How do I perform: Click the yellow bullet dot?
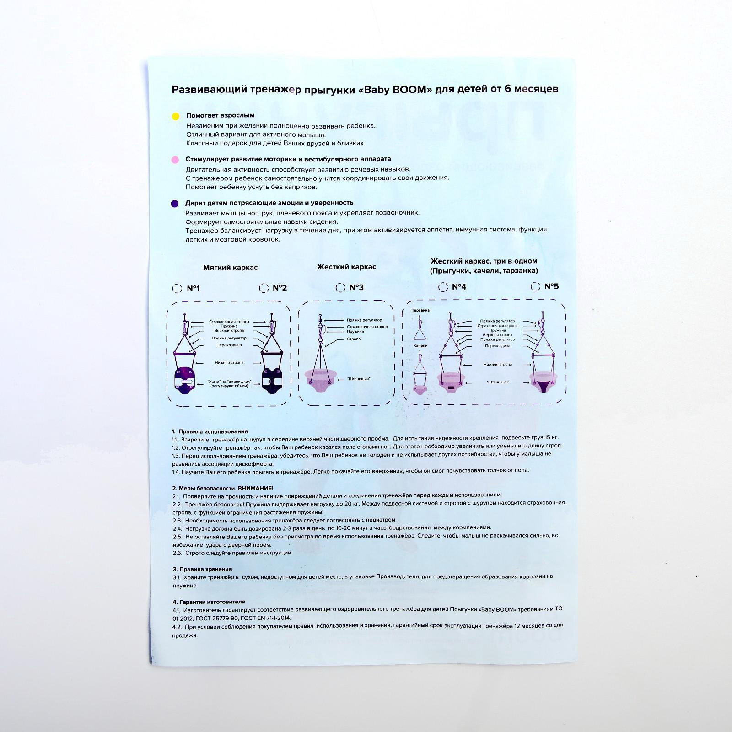tap(175, 116)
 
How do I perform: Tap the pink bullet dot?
tap(174, 160)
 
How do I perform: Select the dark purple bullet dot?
tap(174, 204)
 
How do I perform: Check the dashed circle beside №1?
tap(177, 288)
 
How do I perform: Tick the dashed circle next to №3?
tap(340, 287)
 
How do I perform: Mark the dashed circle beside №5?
tap(535, 286)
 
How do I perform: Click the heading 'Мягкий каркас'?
tap(230, 268)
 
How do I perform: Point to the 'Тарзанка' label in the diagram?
tap(420, 310)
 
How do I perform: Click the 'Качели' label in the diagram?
tap(420, 345)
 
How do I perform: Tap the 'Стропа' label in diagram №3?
tap(354, 339)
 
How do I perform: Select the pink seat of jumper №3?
tap(320, 380)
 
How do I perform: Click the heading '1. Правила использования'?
tap(210, 431)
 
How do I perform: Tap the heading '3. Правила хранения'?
tap(202, 569)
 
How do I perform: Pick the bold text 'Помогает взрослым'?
tap(220, 115)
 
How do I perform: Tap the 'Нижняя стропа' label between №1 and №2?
tap(229, 363)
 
